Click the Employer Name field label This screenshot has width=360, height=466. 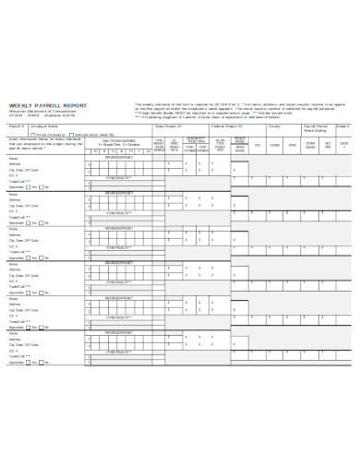(x=48, y=126)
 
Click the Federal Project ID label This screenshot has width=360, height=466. (x=226, y=126)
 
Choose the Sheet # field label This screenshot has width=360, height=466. (x=344, y=126)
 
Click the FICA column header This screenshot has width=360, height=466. (x=258, y=145)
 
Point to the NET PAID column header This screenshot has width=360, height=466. (x=328, y=145)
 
